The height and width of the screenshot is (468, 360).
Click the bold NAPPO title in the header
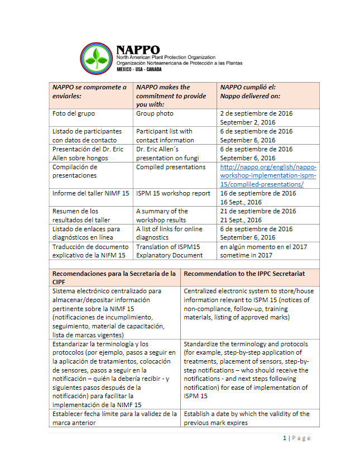pyautogui.click(x=138, y=49)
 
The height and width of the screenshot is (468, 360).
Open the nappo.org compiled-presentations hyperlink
pyautogui.click(x=268, y=175)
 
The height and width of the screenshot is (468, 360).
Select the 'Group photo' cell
pyautogui.click(x=155, y=113)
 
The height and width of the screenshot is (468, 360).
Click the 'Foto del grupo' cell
pyautogui.click(x=73, y=113)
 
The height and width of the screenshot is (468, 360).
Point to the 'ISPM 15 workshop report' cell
pyautogui.click(x=173, y=193)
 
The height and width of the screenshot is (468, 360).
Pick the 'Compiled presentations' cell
pyautogui.click(x=171, y=167)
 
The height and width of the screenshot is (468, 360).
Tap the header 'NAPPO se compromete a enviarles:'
pyautogui.click(x=89, y=91)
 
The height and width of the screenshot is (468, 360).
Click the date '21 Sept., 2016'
pyautogui.click(x=241, y=220)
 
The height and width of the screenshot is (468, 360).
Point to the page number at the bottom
pyautogui.click(x=296, y=438)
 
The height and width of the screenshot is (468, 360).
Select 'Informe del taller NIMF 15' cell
pyautogui.click(x=90, y=193)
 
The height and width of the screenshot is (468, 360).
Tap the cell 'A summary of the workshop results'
pyautogui.click(x=162, y=216)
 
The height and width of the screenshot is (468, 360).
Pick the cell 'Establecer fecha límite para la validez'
pyautogui.click(x=114, y=418)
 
